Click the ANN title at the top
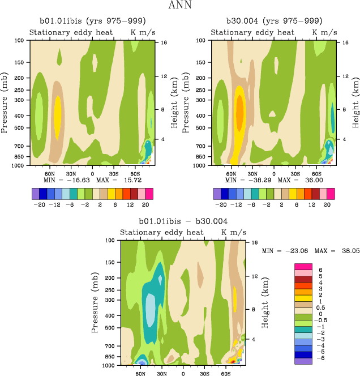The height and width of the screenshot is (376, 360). (179, 6)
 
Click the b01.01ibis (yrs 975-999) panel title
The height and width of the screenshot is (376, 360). (90, 22)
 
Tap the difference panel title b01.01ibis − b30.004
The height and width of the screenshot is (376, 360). (183, 222)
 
